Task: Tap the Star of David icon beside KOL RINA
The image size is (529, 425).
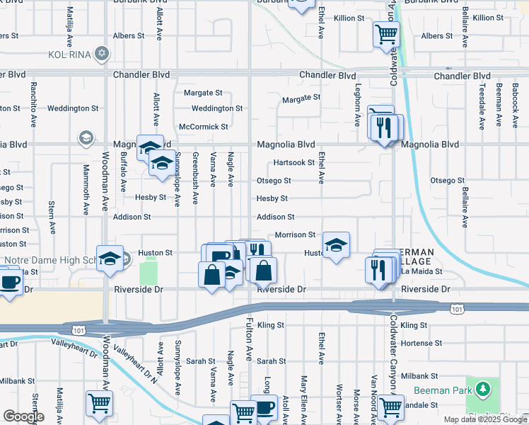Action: coord(103,54)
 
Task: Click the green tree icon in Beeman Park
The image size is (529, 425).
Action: coord(483,389)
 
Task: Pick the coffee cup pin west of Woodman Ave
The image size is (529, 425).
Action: coord(10,282)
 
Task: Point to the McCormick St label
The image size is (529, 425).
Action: coord(204,127)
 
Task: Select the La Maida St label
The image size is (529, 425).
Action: coord(422,271)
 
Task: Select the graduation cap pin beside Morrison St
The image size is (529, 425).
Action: coord(336,245)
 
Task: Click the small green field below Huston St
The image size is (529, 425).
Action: coord(149,271)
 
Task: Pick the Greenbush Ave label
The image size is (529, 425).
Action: coord(196,178)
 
